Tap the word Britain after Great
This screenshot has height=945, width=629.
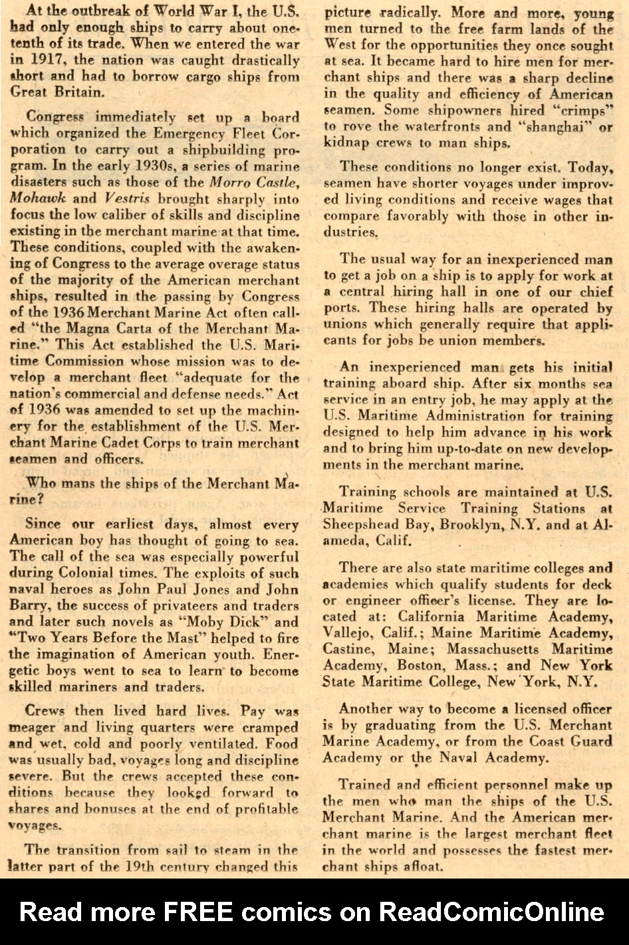(x=79, y=92)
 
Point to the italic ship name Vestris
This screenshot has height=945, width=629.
(x=126, y=198)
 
